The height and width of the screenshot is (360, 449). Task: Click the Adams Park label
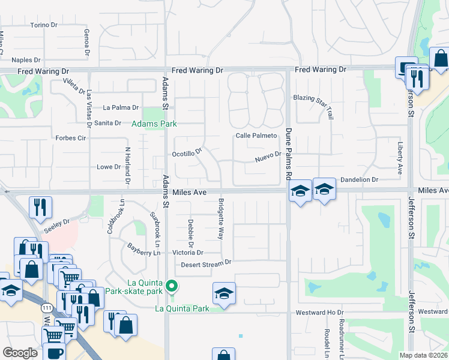(x=154, y=124)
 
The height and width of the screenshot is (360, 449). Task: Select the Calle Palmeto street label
(x=256, y=136)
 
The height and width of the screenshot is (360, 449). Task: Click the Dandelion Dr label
(x=360, y=179)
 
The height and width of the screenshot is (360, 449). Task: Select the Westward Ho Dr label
(x=319, y=313)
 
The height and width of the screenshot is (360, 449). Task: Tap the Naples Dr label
(x=26, y=60)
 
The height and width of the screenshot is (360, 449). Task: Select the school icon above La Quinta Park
(x=224, y=293)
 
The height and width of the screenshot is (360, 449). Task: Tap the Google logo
(x=20, y=353)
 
